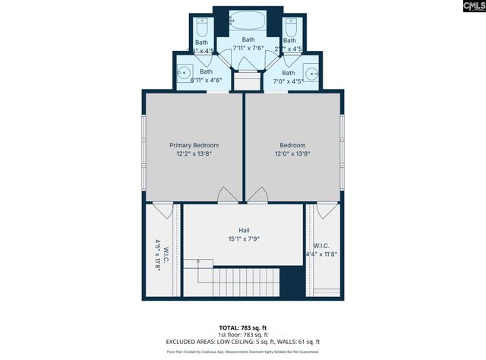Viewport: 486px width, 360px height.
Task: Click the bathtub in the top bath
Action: [248, 20]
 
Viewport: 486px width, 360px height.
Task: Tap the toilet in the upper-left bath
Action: [201, 27]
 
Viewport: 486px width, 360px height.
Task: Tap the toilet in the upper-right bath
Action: [289, 27]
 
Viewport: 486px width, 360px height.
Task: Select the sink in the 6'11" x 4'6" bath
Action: [184, 74]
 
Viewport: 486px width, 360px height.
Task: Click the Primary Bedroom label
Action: [194, 145]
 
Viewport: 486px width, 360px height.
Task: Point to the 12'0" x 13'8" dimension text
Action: [292, 153]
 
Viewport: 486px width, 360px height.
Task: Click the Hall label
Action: [244, 230]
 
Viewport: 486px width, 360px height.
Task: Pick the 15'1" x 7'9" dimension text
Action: [244, 239]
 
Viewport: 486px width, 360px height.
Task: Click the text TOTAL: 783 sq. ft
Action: [243, 327]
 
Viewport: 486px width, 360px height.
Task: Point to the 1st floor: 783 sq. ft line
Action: [243, 335]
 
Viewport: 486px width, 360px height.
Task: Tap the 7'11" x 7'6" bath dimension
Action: [248, 48]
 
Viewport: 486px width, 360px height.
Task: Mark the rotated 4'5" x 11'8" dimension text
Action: [159, 254]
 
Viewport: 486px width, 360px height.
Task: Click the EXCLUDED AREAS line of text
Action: [243, 343]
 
